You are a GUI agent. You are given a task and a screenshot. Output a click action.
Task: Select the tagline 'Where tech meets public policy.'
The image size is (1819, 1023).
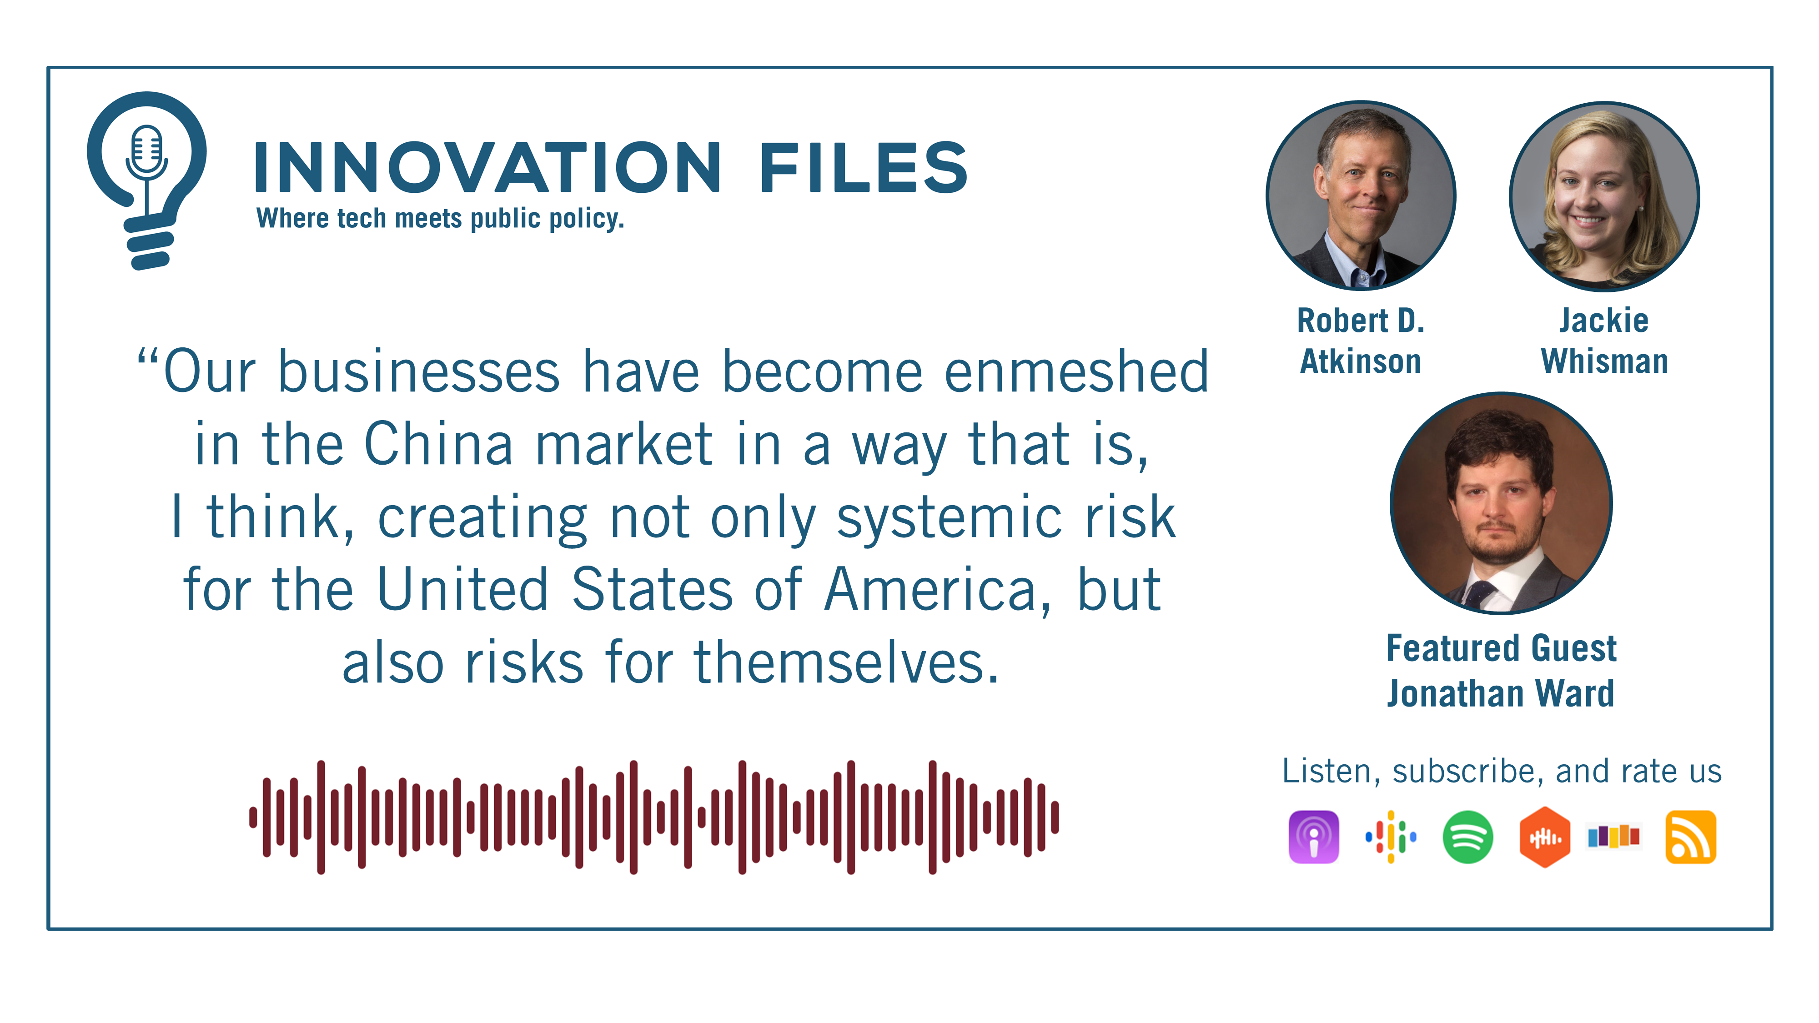[x=440, y=219]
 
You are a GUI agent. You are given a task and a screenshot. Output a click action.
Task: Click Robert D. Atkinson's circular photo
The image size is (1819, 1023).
[x=1361, y=196]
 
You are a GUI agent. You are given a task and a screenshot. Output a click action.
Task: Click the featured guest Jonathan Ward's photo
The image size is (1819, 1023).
[x=1501, y=503]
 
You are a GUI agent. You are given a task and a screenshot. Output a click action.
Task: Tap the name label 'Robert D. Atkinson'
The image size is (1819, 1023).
[x=1361, y=341]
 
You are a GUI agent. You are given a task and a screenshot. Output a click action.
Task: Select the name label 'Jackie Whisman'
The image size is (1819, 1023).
[x=1603, y=341]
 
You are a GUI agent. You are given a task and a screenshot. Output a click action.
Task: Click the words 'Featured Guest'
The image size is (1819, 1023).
[x=1501, y=648]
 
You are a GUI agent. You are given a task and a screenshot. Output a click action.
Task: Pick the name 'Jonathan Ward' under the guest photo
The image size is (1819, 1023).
[x=1501, y=693]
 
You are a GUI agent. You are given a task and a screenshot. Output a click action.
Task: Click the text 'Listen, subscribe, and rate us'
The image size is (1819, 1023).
[x=1501, y=771]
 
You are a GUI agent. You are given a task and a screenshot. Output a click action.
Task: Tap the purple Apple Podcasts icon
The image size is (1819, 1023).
[x=1313, y=837]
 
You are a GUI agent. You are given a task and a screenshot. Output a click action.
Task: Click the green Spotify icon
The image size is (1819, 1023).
[x=1467, y=837]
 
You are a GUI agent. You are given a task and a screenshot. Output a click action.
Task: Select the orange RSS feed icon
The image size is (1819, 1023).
[x=1690, y=837]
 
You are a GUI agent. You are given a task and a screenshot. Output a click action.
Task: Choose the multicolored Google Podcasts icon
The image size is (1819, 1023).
[x=1390, y=837]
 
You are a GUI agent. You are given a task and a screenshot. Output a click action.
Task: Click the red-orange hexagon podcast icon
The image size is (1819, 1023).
[x=1544, y=837]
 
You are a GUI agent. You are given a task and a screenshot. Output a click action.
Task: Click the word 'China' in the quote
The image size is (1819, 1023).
[x=438, y=445]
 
